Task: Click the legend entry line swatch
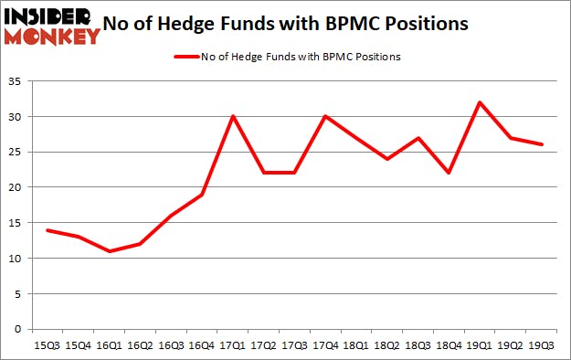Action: pos(185,57)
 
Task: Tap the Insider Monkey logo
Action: pos(52,26)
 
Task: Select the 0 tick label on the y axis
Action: pos(17,329)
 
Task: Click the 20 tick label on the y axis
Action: pos(14,187)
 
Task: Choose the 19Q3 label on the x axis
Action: pos(543,346)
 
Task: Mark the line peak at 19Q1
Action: pos(479,102)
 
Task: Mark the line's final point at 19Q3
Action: pos(543,144)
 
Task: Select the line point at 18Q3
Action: pos(418,138)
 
